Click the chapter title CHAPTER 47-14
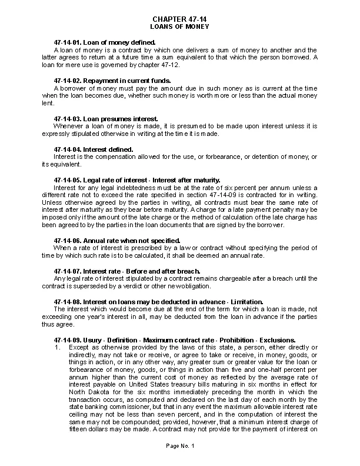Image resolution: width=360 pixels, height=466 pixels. pyautogui.click(x=179, y=19)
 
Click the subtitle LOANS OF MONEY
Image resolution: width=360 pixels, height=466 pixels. pyautogui.click(x=179, y=26)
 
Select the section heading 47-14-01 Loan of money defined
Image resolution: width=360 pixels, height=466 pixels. pyautogui.click(x=104, y=43)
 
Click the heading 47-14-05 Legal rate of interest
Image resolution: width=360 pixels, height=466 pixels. pyautogui.click(x=136, y=180)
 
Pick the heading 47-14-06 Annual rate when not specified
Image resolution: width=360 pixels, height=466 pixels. pyautogui.click(x=116, y=240)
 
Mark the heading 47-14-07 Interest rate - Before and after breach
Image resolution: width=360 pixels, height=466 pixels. pyautogui.click(x=126, y=271)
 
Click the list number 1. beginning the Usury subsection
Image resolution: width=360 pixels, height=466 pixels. pyautogui.click(x=56, y=347)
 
